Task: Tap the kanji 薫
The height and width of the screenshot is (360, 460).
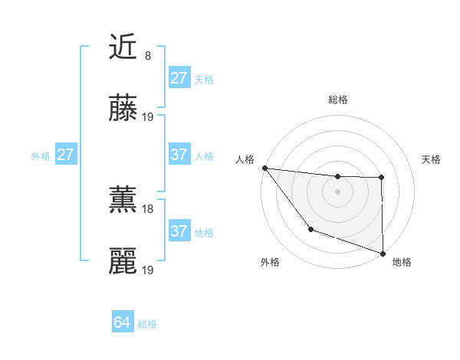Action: pos(123,201)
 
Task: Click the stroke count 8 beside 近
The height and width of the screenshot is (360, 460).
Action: pos(148,55)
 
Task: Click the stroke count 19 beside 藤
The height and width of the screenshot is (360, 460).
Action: pos(149,117)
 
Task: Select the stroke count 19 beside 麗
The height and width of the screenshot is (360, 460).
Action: pos(149,270)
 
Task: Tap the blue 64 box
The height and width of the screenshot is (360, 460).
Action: pos(122,323)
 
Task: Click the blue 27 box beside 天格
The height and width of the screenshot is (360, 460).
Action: pos(179,78)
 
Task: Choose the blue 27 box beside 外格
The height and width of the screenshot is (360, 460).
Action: pos(65,155)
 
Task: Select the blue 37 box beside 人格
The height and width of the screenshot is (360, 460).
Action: pos(179,155)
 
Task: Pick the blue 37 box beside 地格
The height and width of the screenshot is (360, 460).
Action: pos(179,231)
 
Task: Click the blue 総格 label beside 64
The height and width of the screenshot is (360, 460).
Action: pos(147,324)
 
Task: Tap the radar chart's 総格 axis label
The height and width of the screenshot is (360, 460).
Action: pos(338,100)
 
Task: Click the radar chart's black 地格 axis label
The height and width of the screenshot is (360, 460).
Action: pos(402,262)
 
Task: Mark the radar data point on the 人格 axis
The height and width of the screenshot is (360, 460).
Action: pos(264,168)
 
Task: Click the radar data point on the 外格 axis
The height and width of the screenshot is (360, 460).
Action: pos(310,229)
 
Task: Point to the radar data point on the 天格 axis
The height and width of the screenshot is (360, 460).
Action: pos(381,178)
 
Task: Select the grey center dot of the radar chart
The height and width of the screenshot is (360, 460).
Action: pos(338,191)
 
